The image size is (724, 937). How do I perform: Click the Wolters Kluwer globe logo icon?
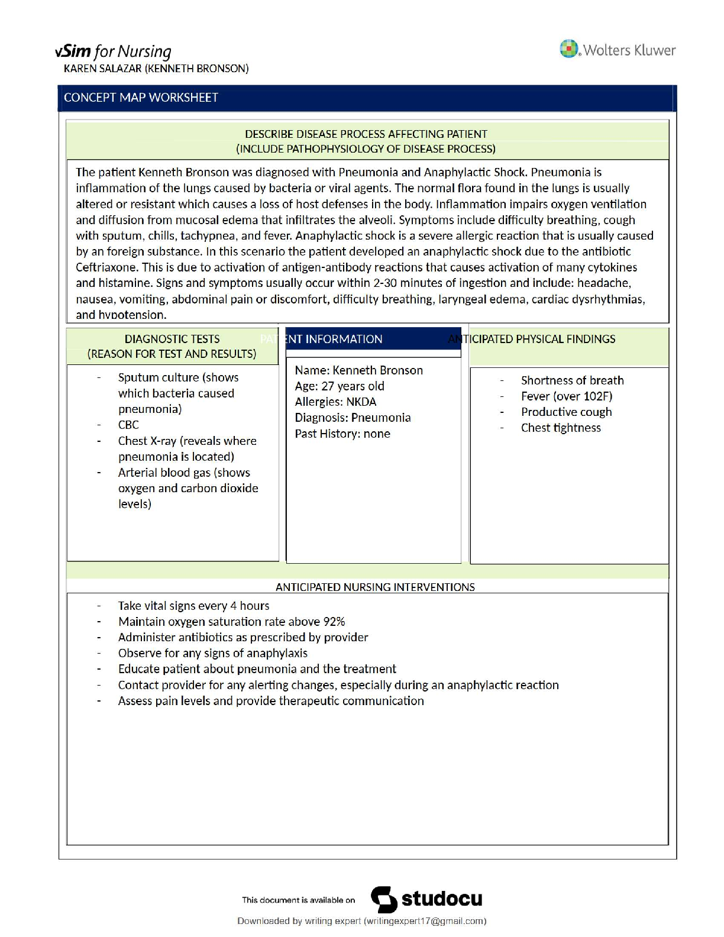click(x=568, y=49)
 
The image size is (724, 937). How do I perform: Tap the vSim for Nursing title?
click(x=113, y=52)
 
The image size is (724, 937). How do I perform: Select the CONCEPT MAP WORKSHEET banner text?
click(x=141, y=98)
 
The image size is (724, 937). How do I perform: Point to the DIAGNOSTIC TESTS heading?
click(x=172, y=339)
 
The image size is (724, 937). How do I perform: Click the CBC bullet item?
click(x=128, y=425)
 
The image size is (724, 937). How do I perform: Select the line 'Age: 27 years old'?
click(x=340, y=386)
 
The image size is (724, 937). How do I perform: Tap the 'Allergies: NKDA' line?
click(x=335, y=402)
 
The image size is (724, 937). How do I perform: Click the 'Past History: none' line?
click(x=342, y=434)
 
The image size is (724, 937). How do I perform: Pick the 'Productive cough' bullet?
click(x=566, y=412)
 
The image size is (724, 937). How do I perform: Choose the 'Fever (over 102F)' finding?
click(x=566, y=396)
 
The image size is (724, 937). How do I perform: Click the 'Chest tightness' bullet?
click(x=560, y=428)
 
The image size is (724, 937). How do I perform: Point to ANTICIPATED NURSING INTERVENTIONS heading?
click(x=375, y=587)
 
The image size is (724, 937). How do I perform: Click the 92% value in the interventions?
click(x=334, y=622)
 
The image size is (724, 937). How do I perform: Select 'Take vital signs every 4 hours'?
click(x=193, y=606)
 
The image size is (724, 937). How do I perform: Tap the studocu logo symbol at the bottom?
click(x=384, y=900)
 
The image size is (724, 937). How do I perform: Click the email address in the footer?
click(x=425, y=921)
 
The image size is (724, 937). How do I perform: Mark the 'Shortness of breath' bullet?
click(x=572, y=380)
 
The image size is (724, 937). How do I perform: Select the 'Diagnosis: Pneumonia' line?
click(x=353, y=418)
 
